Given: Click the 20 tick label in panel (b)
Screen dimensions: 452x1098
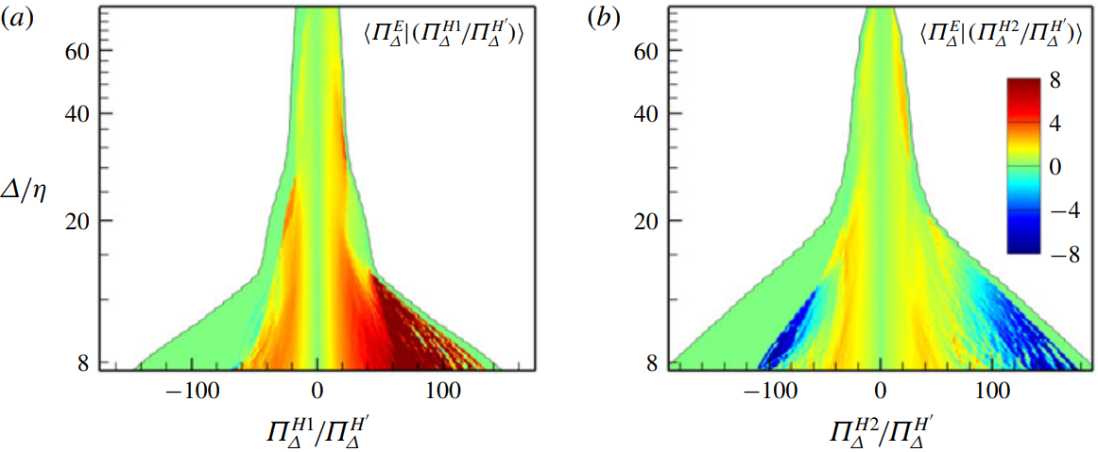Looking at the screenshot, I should tap(647, 221).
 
